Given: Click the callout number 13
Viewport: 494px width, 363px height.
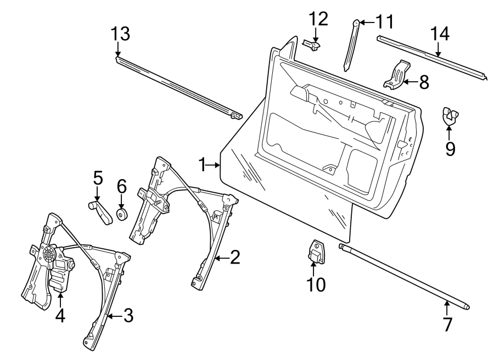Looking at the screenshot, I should click(121, 34).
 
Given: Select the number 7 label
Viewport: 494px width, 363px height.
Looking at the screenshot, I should click(447, 324).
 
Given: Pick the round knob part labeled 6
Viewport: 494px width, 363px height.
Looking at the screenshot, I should click(122, 214).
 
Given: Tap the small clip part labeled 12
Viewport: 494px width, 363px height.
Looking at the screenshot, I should click(313, 44).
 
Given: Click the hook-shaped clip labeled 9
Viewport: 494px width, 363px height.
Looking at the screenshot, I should click(450, 116).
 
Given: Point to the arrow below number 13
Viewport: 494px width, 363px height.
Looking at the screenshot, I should click(118, 50).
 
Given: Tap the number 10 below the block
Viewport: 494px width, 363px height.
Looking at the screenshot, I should click(316, 284).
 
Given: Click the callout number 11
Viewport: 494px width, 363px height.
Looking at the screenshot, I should click(384, 22).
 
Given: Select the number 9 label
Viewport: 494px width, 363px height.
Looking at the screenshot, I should click(450, 149).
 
